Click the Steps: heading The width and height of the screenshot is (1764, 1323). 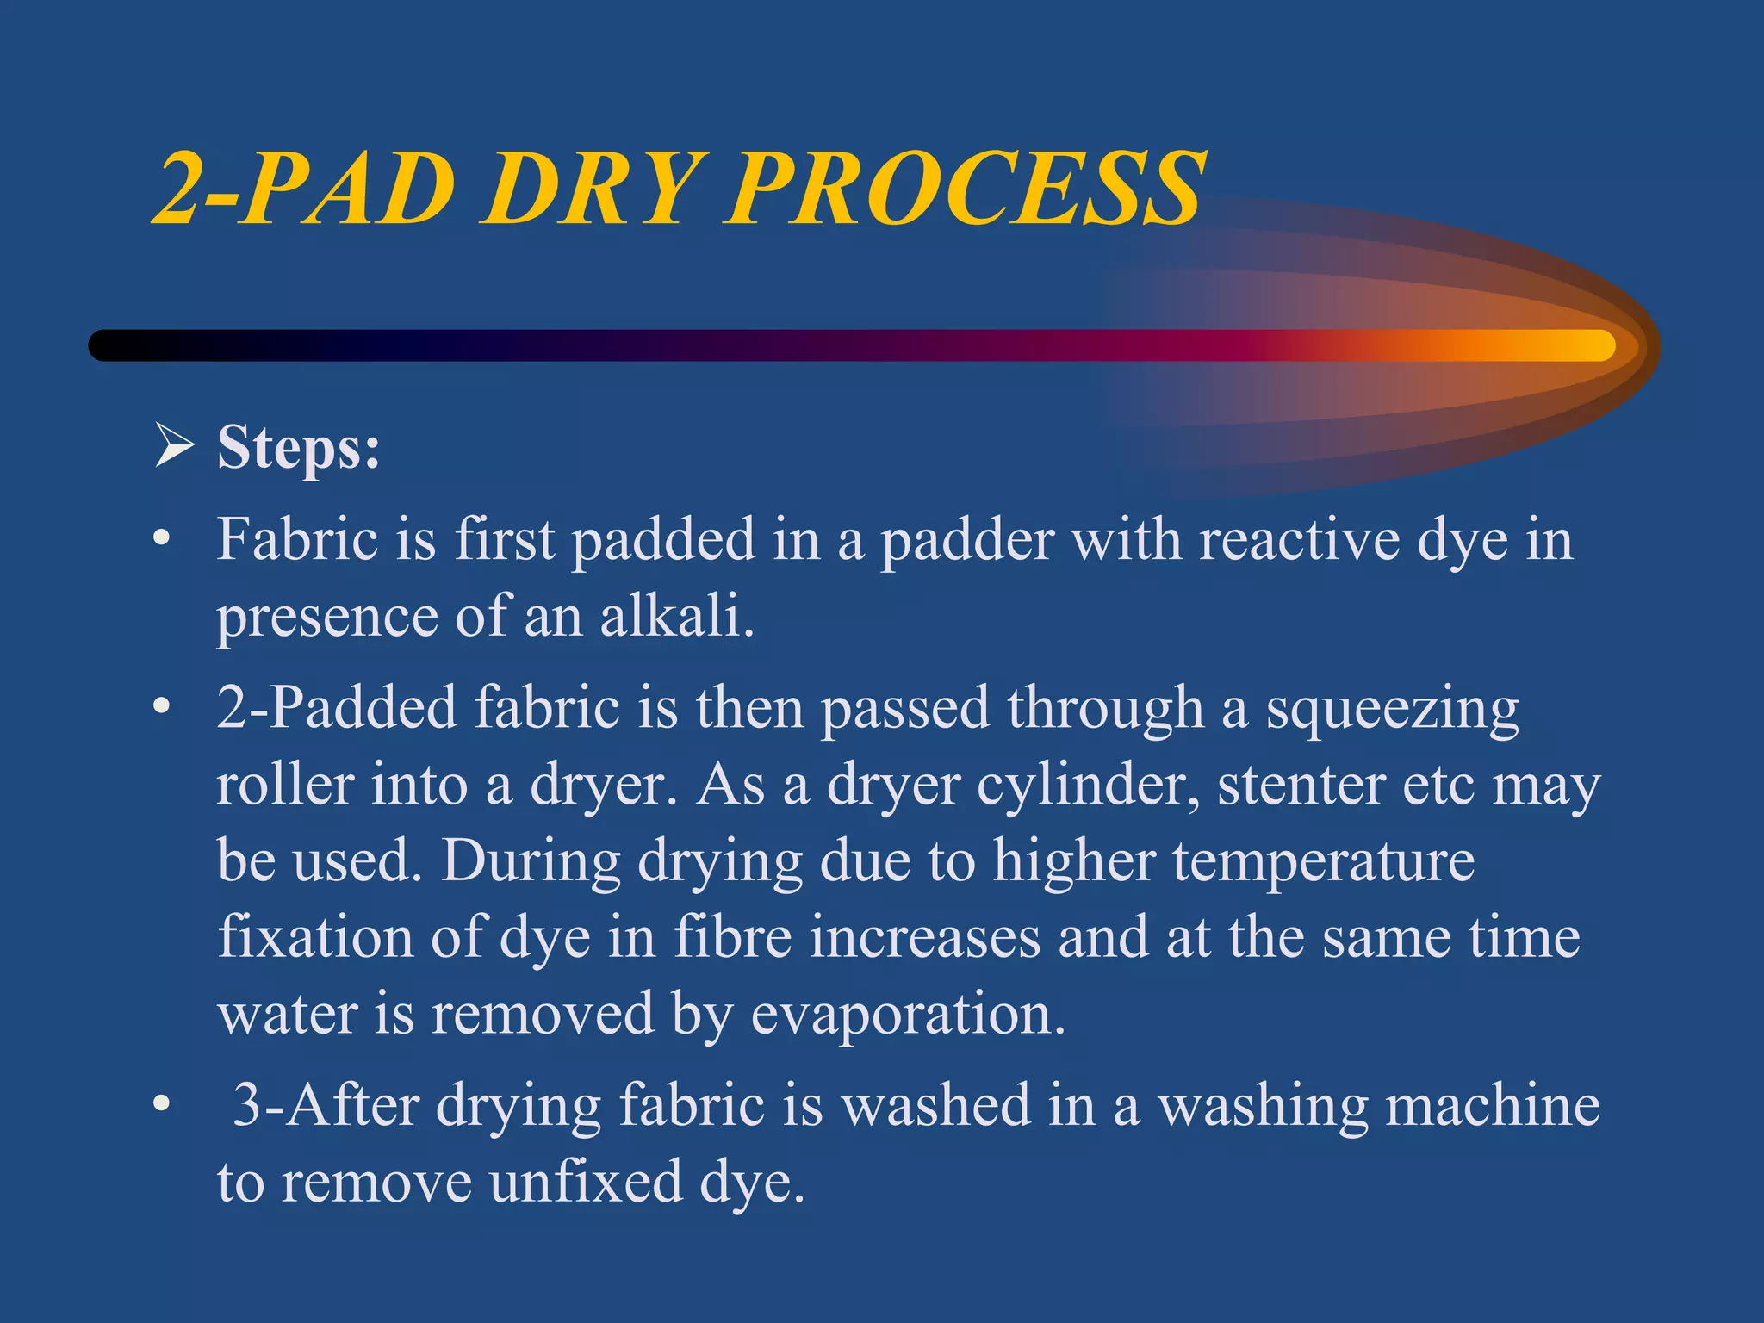298,448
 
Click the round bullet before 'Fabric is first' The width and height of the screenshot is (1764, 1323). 160,541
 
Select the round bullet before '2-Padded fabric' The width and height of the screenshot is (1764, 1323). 160,708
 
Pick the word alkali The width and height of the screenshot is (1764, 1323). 676,617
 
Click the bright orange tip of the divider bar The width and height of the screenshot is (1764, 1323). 1585,345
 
